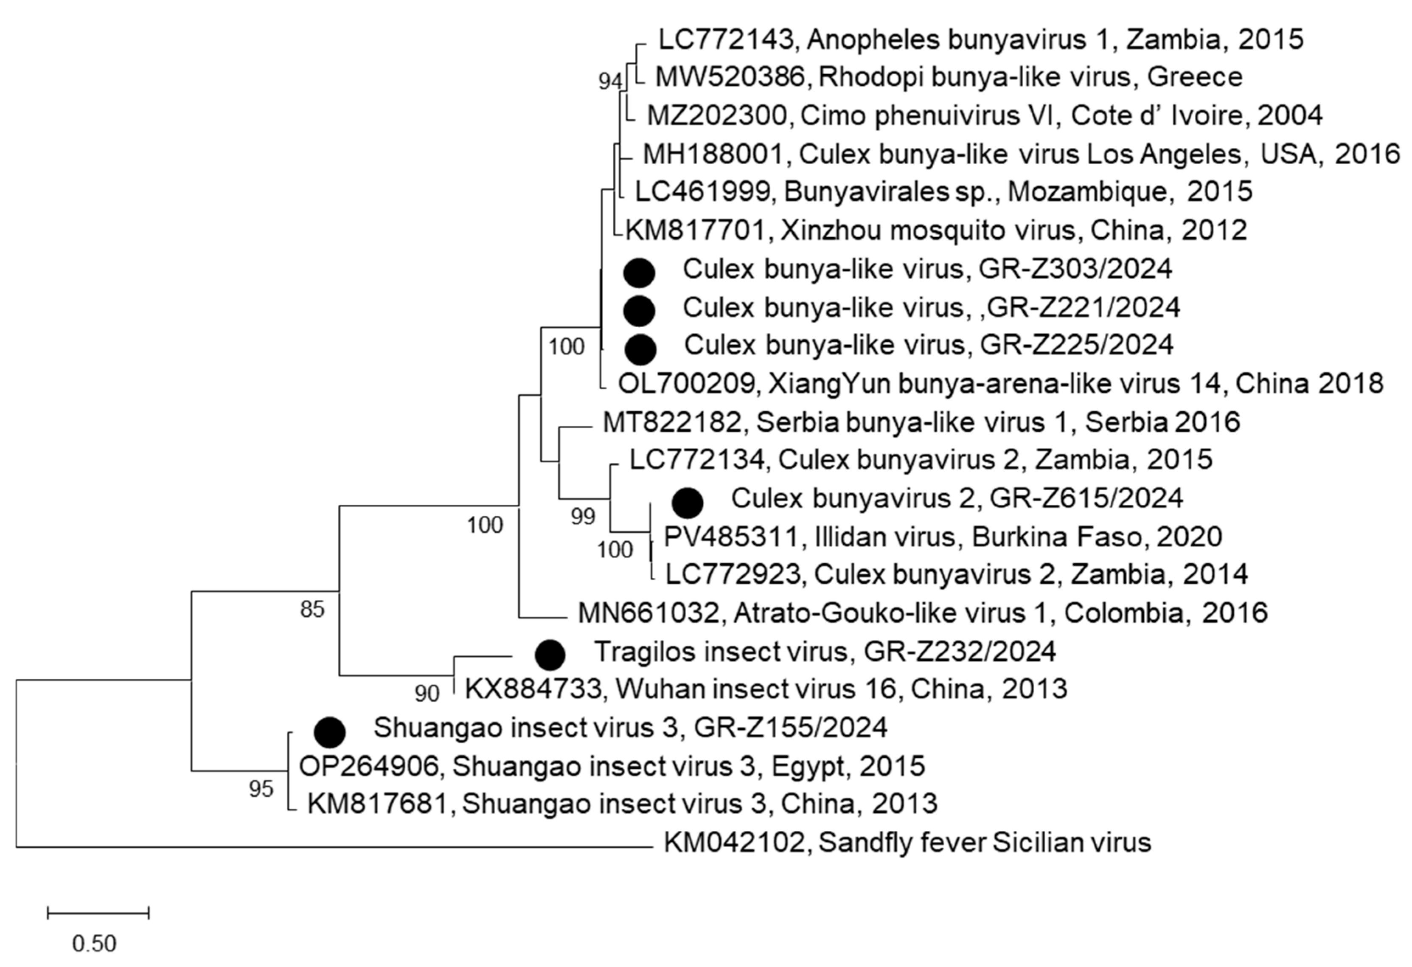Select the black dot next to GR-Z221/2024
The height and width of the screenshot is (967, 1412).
(x=639, y=311)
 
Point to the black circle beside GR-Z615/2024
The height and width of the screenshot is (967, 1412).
(x=688, y=502)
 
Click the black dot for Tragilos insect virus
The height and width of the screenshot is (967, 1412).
(x=550, y=655)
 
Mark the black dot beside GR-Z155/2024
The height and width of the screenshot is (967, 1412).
(x=330, y=732)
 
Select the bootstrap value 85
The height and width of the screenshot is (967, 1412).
(x=312, y=609)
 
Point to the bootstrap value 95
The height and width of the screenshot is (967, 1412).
(x=261, y=789)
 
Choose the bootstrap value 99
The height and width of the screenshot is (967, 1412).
(x=583, y=517)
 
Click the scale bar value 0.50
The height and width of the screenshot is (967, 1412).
(x=94, y=943)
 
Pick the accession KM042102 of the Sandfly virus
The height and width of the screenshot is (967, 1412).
(x=733, y=843)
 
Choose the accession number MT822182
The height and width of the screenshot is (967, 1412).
(x=671, y=422)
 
